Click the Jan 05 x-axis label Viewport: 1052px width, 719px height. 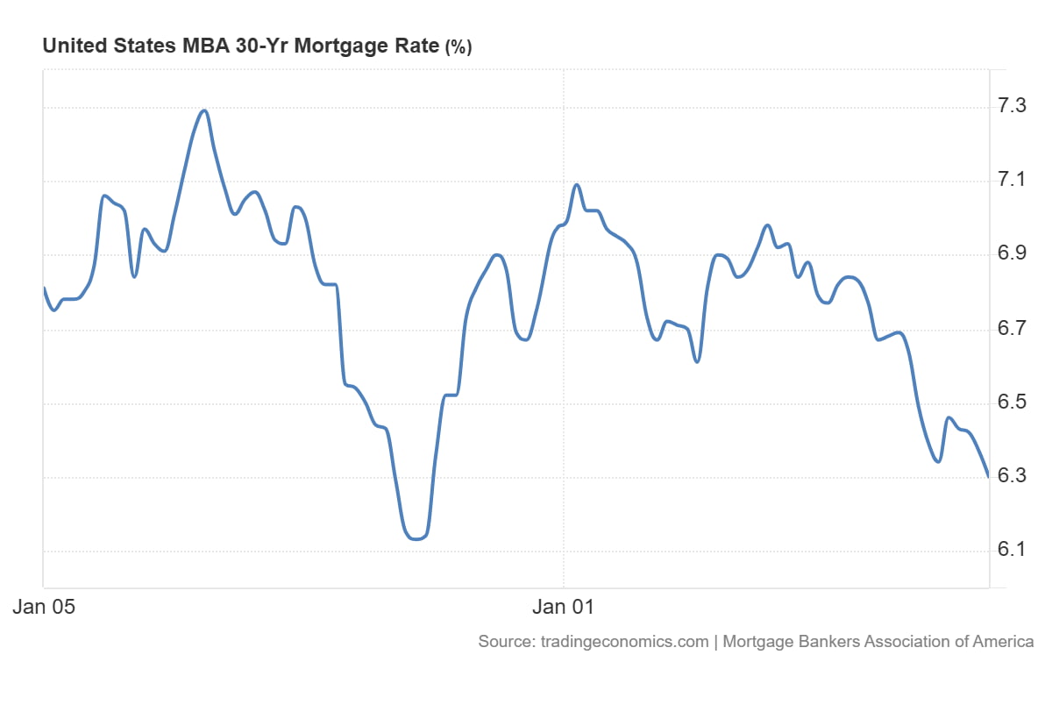(x=43, y=606)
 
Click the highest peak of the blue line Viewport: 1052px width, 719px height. (x=204, y=110)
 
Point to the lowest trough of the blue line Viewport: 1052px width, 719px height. (x=416, y=539)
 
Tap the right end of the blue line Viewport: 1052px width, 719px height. (x=989, y=476)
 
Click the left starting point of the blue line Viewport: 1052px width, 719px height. (x=44, y=288)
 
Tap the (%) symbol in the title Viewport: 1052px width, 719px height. (x=458, y=48)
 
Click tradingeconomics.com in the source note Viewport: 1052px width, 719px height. (x=623, y=641)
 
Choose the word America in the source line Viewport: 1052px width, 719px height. (x=1004, y=641)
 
